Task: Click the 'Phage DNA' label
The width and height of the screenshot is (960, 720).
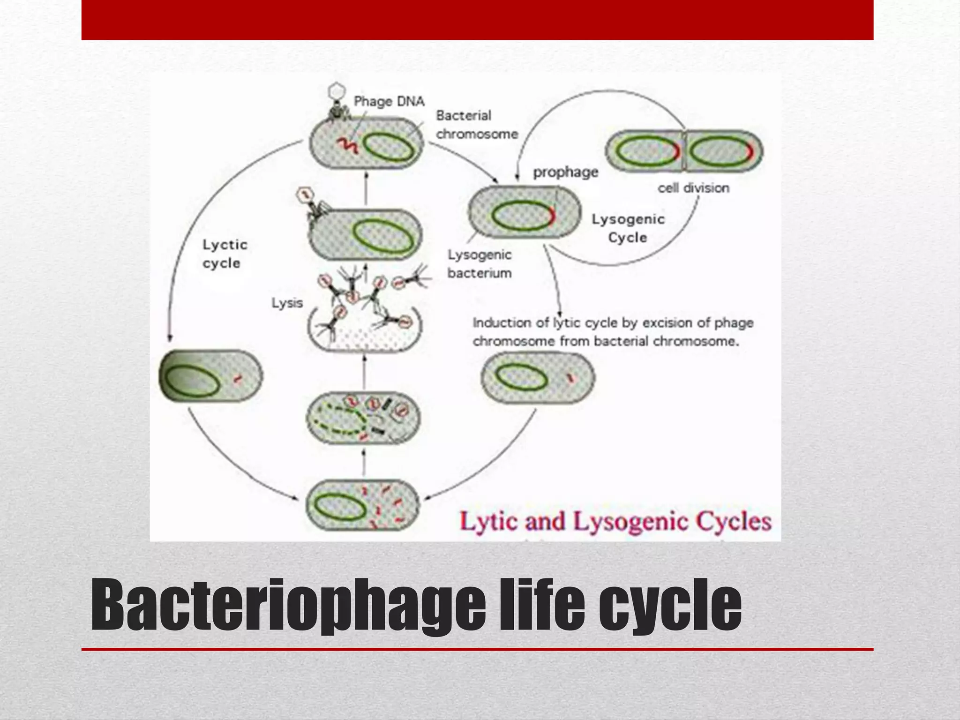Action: click(x=389, y=101)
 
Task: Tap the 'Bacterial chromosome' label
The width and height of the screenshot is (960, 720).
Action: click(x=476, y=125)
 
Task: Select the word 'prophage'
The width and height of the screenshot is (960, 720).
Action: click(x=565, y=172)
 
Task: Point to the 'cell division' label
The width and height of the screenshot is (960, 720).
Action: click(x=693, y=188)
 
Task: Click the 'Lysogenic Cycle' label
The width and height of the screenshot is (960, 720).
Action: click(x=628, y=228)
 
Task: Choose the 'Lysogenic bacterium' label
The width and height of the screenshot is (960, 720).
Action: click(x=479, y=264)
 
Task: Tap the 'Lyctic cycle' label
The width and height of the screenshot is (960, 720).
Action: click(x=225, y=254)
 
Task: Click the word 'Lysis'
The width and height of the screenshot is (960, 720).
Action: click(x=287, y=303)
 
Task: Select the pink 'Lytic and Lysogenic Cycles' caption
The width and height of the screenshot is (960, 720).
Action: click(x=615, y=522)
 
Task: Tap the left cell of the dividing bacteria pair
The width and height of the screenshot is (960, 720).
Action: click(x=645, y=151)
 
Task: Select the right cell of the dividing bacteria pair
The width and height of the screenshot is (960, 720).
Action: click(x=723, y=151)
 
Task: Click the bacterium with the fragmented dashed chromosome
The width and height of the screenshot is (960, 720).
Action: click(x=363, y=418)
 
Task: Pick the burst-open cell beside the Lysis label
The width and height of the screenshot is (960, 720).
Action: click(x=365, y=330)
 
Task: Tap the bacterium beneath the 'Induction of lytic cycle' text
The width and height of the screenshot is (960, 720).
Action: click(x=538, y=377)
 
